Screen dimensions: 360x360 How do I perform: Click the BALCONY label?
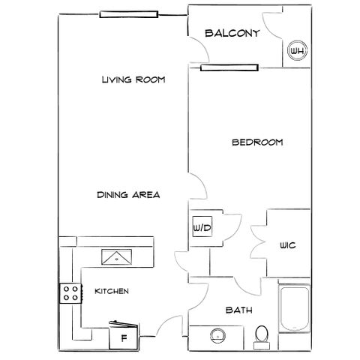(232, 33)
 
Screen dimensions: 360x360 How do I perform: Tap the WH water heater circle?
(297, 51)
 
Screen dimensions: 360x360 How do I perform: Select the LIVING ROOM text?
(133, 79)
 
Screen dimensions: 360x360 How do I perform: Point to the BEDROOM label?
(257, 142)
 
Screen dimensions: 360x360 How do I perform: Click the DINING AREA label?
(128, 195)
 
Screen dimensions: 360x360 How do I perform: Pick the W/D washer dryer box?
(202, 226)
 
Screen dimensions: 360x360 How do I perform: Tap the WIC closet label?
(288, 245)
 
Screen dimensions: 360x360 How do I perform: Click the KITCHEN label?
(112, 291)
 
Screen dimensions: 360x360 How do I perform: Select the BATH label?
(238, 310)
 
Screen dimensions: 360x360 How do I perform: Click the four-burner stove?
(70, 293)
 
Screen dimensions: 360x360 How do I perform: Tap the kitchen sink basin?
(116, 256)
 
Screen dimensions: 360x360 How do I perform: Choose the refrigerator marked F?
(124, 337)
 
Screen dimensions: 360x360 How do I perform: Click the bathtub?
(295, 309)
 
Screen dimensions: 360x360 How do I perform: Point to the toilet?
(262, 337)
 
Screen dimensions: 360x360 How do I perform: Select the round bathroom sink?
(218, 336)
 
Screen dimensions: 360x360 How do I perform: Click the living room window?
(129, 14)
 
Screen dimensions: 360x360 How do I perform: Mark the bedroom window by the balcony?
(229, 67)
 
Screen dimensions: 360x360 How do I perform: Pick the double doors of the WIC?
(258, 242)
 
